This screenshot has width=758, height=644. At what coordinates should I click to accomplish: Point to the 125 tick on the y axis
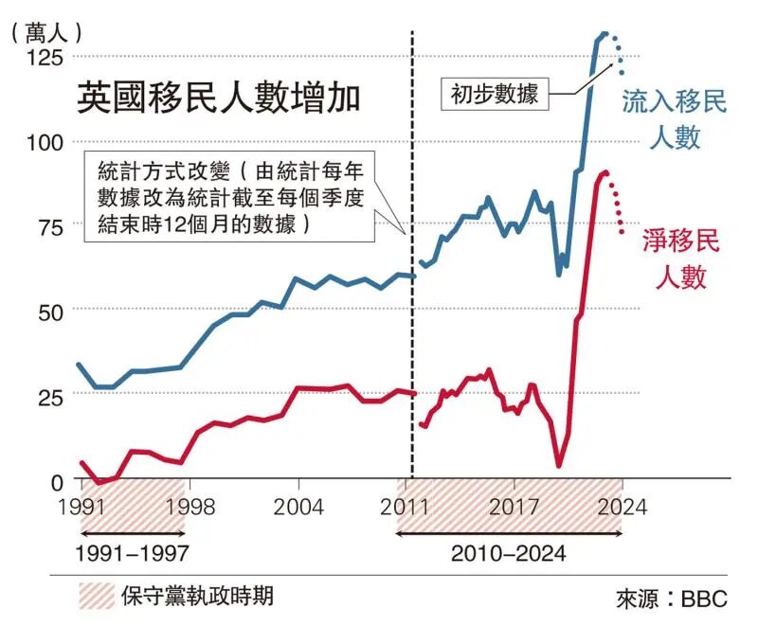pyautogui.click(x=45, y=58)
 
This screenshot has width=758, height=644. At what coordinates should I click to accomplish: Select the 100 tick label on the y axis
pyautogui.click(x=45, y=142)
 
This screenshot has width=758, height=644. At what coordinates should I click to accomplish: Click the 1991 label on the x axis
pyautogui.click(x=81, y=507)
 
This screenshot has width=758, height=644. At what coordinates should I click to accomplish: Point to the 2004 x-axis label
pyautogui.click(x=299, y=507)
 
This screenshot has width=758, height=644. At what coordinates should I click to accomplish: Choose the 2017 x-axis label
pyautogui.click(x=514, y=507)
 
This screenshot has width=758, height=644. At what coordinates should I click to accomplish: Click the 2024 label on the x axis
pyautogui.click(x=622, y=507)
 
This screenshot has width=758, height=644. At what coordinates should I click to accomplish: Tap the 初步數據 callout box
pyautogui.click(x=495, y=95)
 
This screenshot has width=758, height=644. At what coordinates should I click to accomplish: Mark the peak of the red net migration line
pyautogui.click(x=604, y=172)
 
